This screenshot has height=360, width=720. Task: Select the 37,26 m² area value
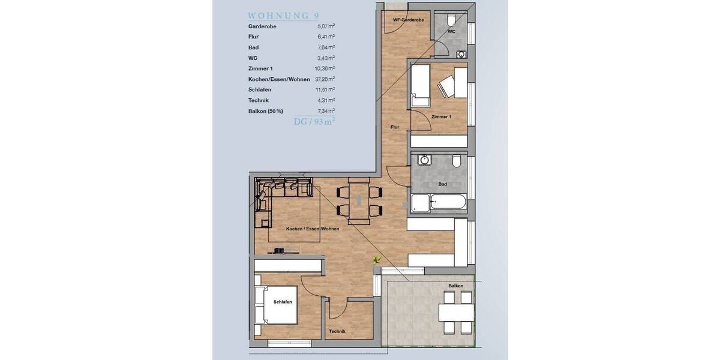click(326, 79)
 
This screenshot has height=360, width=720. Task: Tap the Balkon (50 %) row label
click(265, 111)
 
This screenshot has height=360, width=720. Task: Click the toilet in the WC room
click(451, 19)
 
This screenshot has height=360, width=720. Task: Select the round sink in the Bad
click(425, 160)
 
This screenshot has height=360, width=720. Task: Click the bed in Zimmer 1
click(419, 85)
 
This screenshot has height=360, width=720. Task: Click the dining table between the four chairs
click(359, 200)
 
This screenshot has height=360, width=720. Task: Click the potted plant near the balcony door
click(376, 260)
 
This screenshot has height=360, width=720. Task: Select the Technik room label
click(337, 332)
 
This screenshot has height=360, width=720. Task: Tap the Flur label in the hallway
click(394, 127)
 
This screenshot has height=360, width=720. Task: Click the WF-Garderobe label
click(408, 20)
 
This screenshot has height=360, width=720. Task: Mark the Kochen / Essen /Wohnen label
click(313, 229)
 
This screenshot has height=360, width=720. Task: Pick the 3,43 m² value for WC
click(326, 58)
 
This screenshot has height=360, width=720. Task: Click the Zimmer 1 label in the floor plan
click(441, 116)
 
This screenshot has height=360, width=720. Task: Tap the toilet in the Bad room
click(456, 161)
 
